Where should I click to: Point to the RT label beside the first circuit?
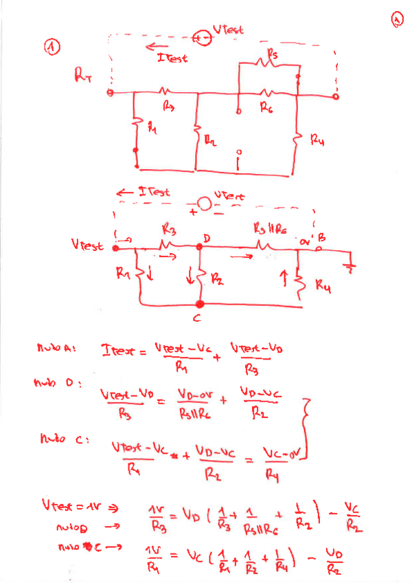[82, 76]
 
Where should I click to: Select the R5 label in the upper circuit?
[273, 54]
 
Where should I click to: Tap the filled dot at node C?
[200, 303]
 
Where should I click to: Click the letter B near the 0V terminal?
[321, 237]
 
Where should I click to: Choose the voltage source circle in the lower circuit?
[203, 204]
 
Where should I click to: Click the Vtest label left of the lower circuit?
[87, 245]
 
